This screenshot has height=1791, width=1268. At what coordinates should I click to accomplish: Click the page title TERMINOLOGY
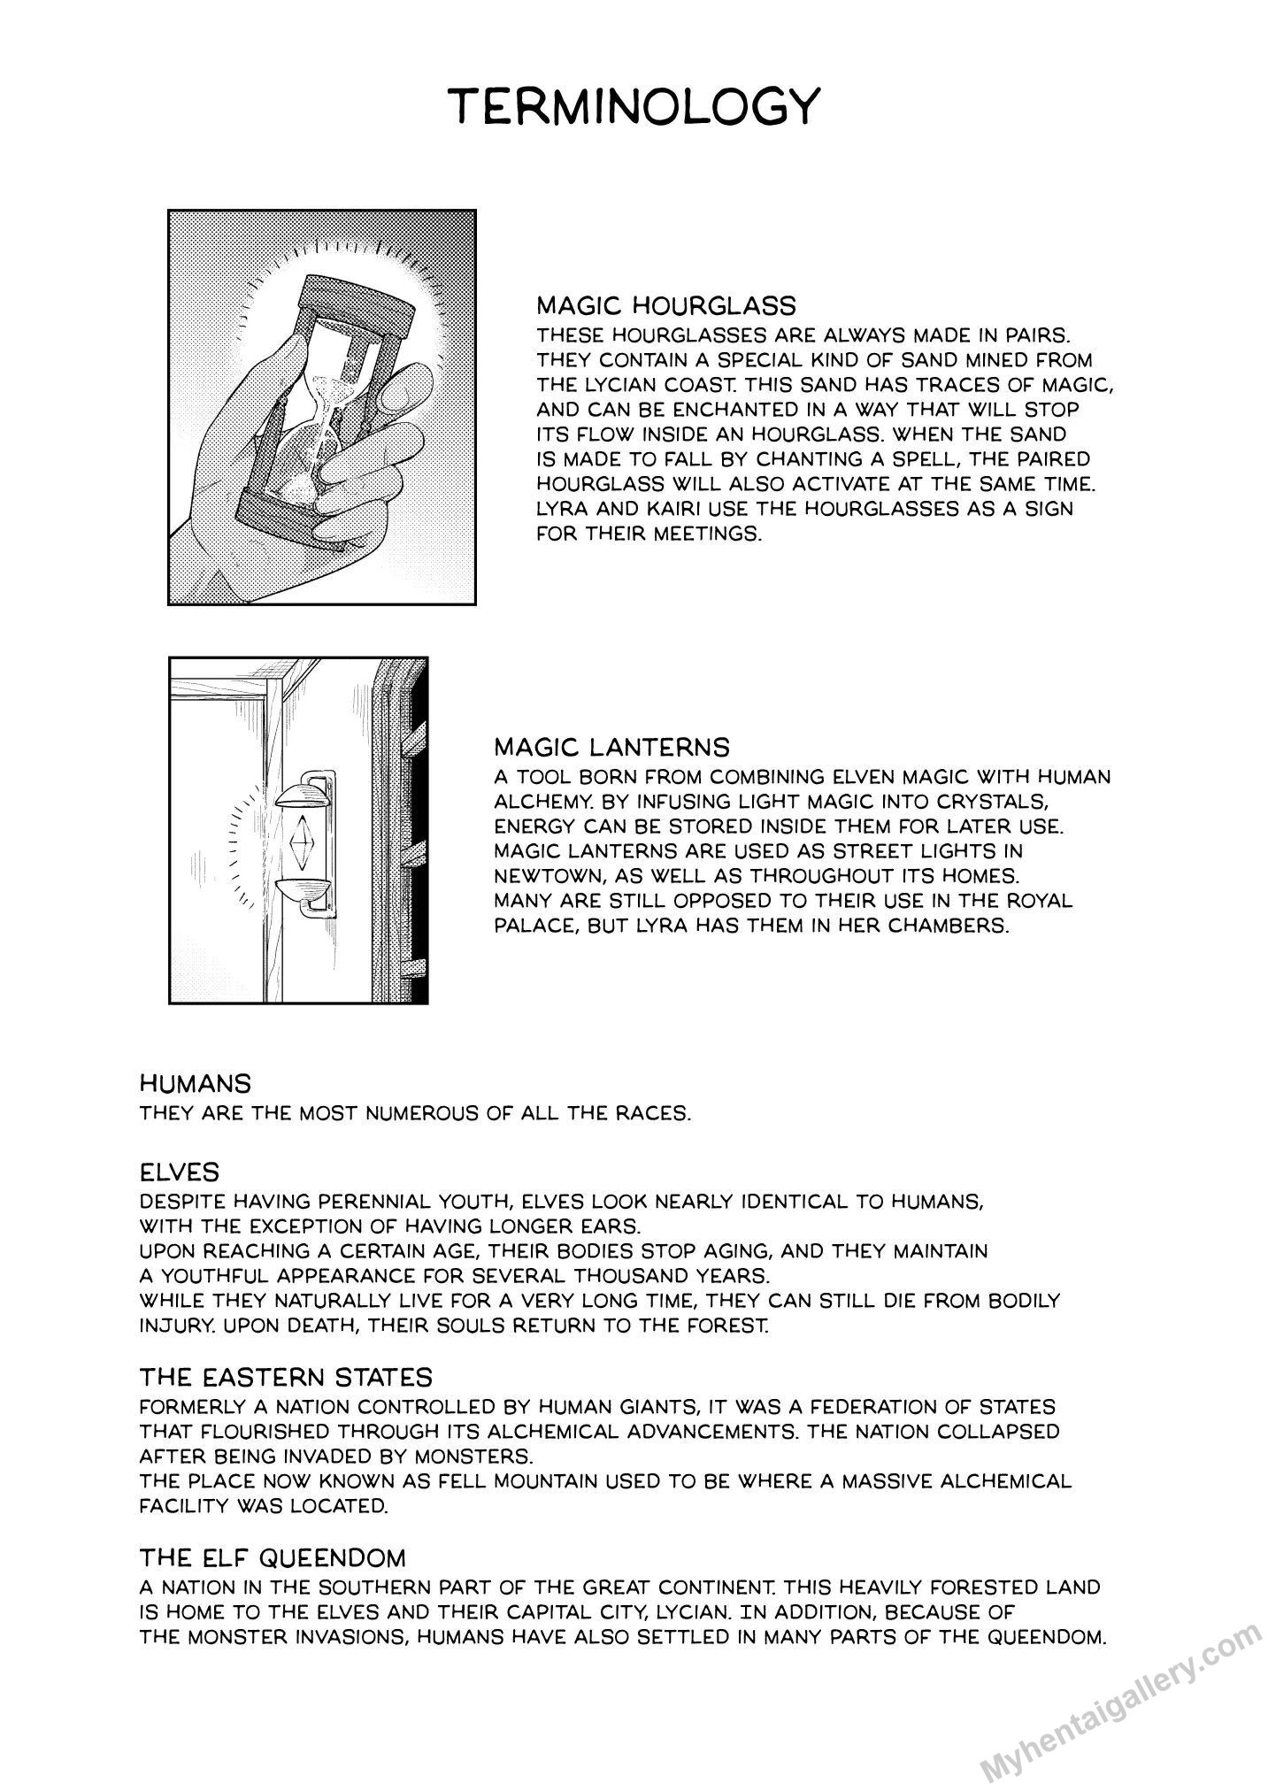click(634, 107)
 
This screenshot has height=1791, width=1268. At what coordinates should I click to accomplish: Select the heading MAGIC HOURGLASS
click(666, 306)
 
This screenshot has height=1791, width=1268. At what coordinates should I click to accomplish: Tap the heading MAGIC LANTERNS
click(611, 748)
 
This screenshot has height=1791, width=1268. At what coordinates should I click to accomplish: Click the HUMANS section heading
click(196, 1083)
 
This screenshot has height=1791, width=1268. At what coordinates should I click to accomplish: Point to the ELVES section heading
click(180, 1172)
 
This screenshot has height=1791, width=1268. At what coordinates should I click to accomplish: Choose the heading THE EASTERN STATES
click(286, 1377)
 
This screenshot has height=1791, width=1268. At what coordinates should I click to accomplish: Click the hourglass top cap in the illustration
click(357, 299)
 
